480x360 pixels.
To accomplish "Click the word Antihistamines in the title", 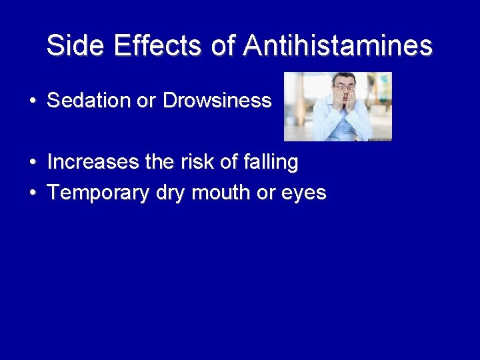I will [x=337, y=46].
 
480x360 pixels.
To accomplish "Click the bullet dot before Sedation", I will [x=32, y=101].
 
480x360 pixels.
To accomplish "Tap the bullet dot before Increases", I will [x=32, y=163].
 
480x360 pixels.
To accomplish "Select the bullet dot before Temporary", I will [x=32, y=193].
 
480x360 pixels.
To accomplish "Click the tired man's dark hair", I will [x=345, y=76].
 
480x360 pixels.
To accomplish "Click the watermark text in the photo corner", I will [x=379, y=139].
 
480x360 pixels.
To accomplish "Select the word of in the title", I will [x=225, y=46].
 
